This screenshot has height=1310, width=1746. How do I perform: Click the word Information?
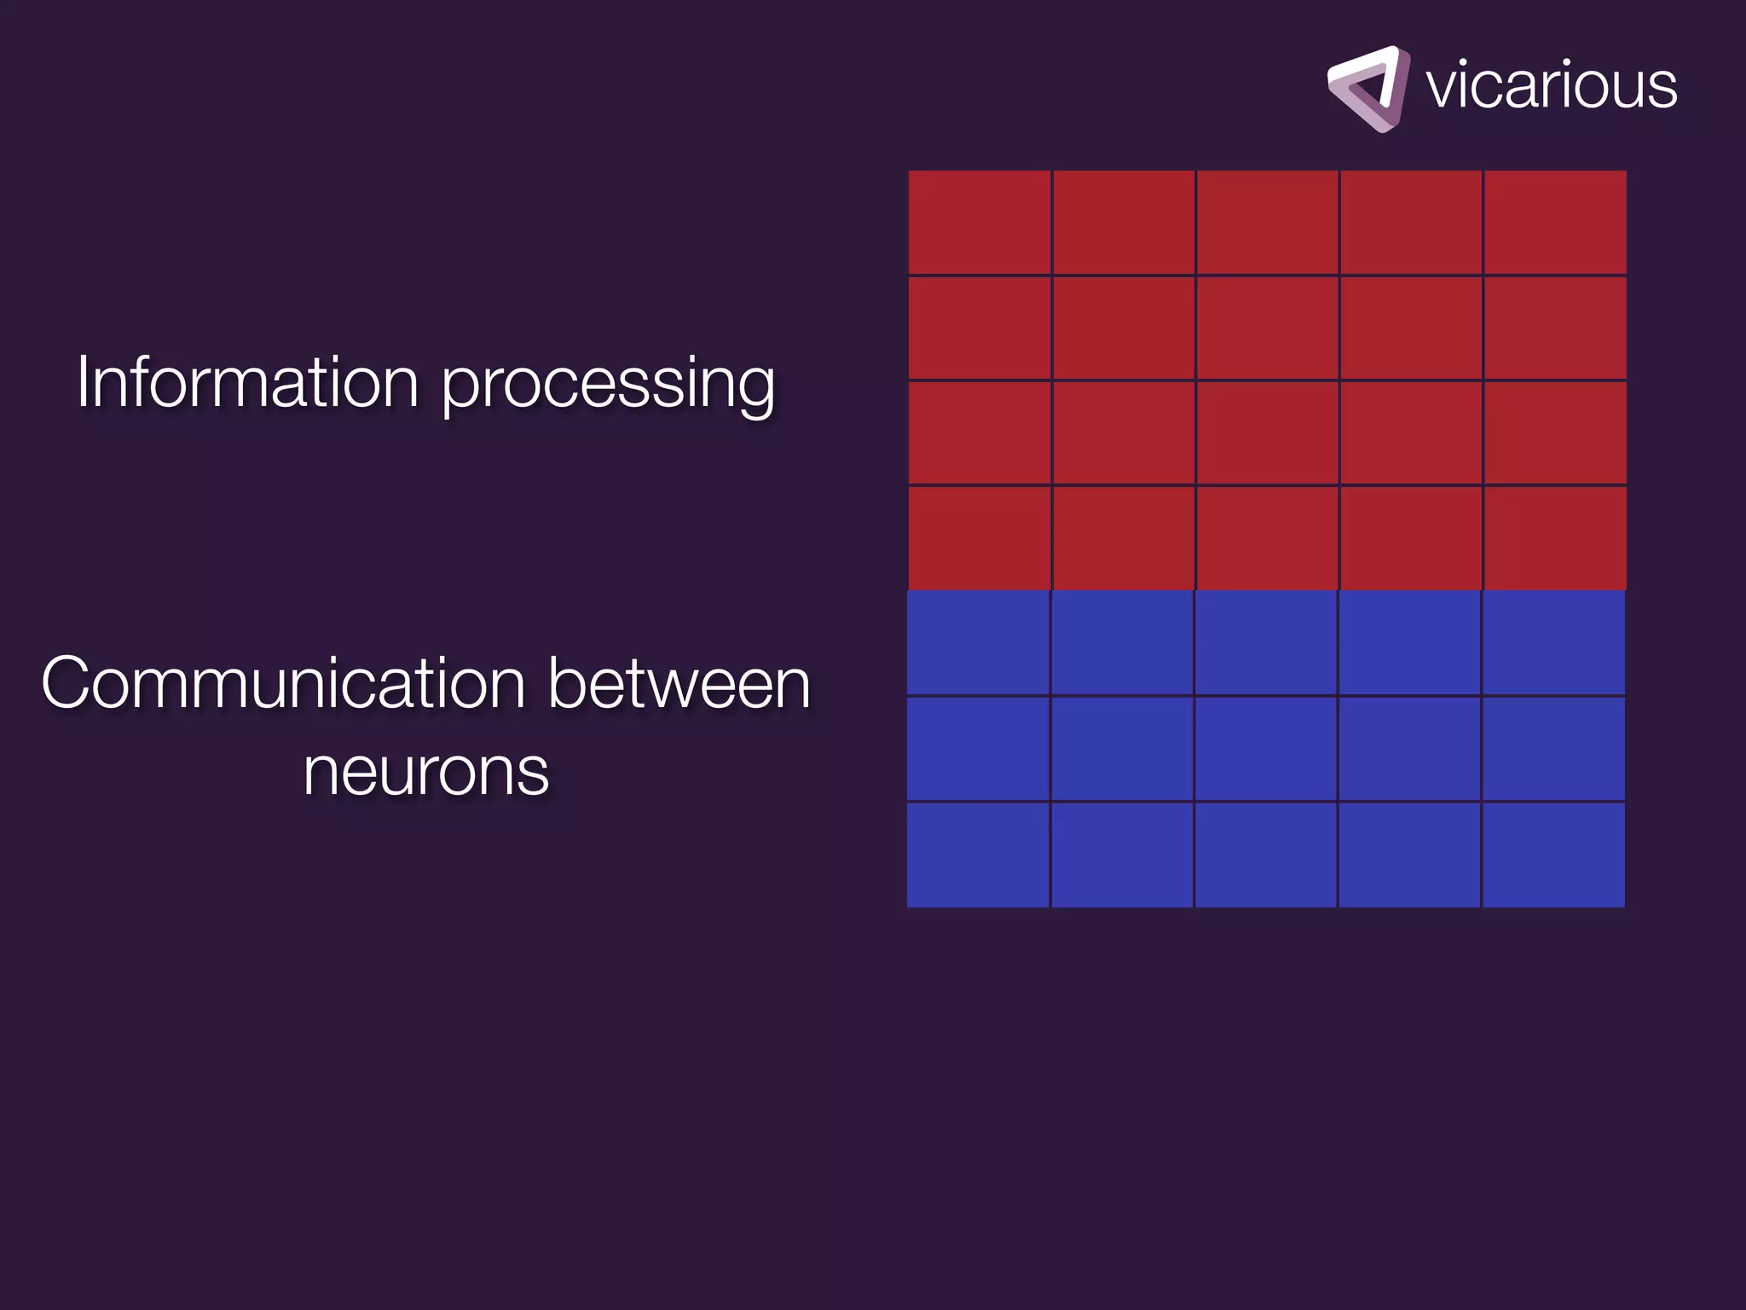point(247,382)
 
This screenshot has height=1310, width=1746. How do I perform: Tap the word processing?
point(608,385)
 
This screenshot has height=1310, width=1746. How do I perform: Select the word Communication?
point(282,683)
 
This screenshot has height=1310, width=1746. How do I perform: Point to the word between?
point(679,683)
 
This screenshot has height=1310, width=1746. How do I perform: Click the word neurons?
point(425,772)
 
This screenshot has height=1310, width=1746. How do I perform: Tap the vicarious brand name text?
point(1551,85)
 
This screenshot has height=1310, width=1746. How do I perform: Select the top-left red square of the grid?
point(979,222)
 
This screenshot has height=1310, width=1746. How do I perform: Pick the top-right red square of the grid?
point(1554,222)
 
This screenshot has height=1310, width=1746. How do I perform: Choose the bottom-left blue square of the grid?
point(978,855)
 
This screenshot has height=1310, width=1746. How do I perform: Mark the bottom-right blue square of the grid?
point(1553,855)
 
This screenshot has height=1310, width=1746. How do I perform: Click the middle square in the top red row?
point(1267,222)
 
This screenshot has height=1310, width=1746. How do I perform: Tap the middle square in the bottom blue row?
point(1265,855)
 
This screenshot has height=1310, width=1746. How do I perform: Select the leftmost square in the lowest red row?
point(979,538)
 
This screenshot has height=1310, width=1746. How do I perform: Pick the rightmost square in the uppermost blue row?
point(1553,643)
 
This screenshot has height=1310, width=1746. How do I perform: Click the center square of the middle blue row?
point(1265,749)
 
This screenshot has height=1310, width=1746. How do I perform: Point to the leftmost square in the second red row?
point(979,327)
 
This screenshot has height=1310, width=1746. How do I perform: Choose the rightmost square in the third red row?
point(1554,432)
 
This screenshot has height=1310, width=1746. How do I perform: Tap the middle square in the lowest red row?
point(1267,538)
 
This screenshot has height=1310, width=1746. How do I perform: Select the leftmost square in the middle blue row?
point(978,749)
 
